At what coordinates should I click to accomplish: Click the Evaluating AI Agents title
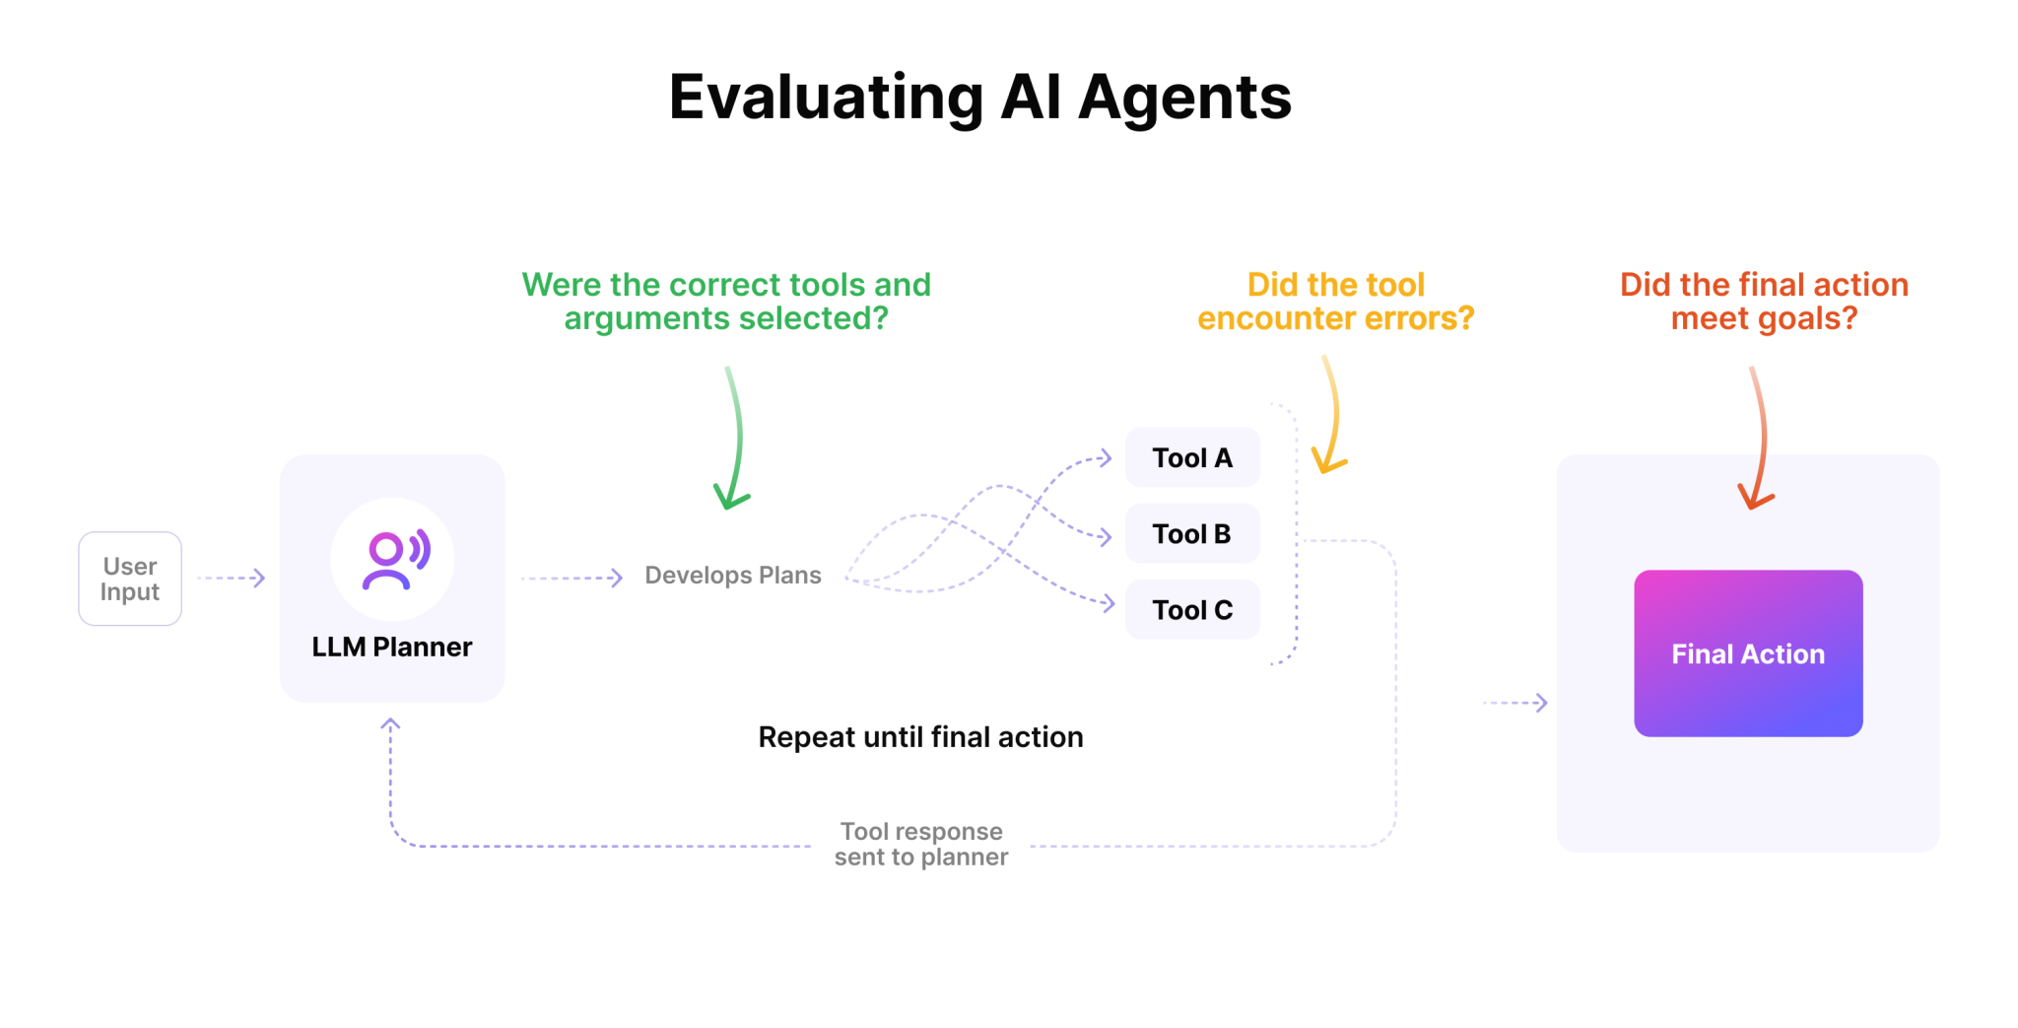(x=979, y=98)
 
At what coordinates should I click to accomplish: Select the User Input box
(x=130, y=579)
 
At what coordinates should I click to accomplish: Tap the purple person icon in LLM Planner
(x=392, y=559)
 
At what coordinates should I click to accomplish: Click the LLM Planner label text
(x=392, y=647)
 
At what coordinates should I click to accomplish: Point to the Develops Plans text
(x=732, y=576)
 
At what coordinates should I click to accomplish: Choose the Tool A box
(x=1192, y=457)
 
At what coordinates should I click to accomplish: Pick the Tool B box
(x=1192, y=533)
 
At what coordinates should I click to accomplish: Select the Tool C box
(x=1192, y=610)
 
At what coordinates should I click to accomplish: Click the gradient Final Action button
(x=1748, y=653)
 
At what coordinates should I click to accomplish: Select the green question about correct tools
(x=726, y=302)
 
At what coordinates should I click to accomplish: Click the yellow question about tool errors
(x=1335, y=302)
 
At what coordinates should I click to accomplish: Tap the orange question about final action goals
(x=1764, y=302)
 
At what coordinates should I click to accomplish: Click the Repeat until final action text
(x=920, y=737)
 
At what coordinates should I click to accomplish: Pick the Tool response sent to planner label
(x=921, y=845)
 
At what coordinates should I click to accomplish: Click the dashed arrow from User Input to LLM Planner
(x=232, y=578)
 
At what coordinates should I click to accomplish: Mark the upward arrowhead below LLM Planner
(x=390, y=725)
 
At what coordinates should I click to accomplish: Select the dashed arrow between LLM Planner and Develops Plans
(x=572, y=578)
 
